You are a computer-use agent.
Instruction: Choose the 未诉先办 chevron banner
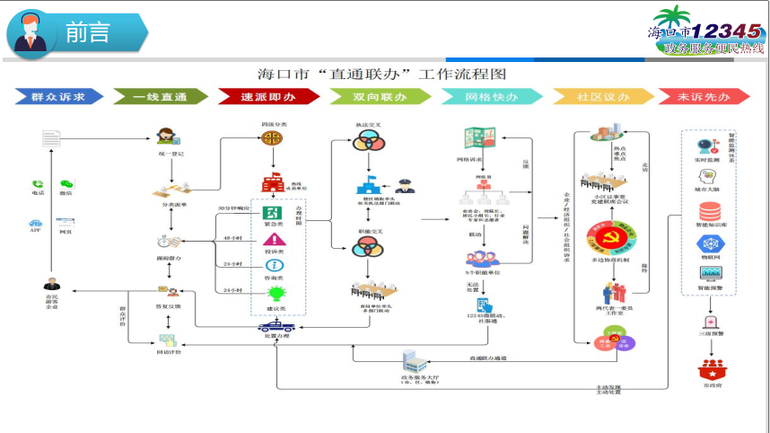[x=704, y=96]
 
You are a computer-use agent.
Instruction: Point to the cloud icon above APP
[x=35, y=222]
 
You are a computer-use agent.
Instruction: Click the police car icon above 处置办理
[x=275, y=326]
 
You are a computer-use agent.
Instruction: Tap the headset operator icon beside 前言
[x=30, y=33]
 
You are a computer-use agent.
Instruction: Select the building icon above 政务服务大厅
[x=411, y=361]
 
